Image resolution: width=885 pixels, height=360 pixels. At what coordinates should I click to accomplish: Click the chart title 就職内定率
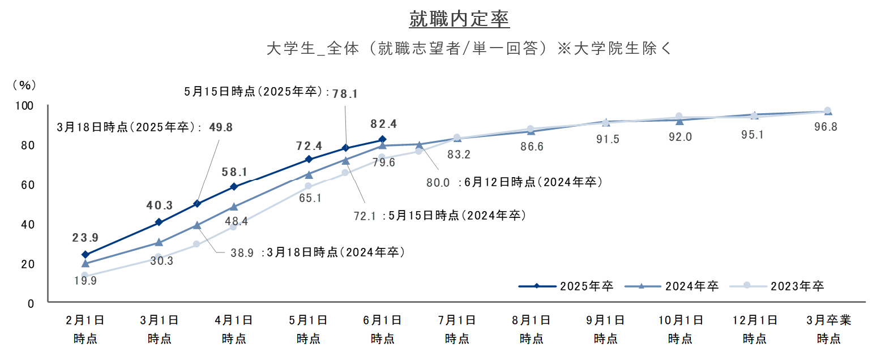[459, 19]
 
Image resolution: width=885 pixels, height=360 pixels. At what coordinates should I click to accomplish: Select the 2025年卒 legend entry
[566, 286]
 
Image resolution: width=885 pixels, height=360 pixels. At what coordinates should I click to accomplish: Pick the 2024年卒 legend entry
[672, 286]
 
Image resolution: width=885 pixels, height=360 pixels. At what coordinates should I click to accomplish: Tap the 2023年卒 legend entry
[777, 286]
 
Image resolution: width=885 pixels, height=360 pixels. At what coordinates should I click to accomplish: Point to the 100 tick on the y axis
[24, 105]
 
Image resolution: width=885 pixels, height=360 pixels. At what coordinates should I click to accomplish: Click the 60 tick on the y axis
[28, 185]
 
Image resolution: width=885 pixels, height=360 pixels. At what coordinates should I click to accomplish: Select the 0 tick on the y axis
[31, 304]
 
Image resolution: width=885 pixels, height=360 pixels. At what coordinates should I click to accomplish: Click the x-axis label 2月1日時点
[85, 329]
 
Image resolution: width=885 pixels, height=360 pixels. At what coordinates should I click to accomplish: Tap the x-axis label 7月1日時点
[457, 329]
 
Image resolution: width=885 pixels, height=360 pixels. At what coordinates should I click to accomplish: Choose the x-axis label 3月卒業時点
[828, 329]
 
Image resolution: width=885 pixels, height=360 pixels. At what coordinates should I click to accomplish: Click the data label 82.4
[384, 124]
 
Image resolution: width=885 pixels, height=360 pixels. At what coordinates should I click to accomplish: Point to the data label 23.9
[85, 238]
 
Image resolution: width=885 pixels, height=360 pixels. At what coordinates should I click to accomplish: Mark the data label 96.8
[826, 127]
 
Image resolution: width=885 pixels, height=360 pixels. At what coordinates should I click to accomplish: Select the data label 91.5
[608, 139]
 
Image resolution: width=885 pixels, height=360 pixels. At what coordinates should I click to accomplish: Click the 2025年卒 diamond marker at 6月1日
[382, 139]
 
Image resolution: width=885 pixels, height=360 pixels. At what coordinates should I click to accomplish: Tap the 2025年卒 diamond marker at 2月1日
[85, 255]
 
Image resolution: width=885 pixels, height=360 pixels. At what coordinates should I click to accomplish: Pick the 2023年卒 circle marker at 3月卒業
[827, 110]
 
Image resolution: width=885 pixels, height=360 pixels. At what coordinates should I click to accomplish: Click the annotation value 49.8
[221, 127]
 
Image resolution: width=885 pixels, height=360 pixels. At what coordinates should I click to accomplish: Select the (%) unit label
[24, 85]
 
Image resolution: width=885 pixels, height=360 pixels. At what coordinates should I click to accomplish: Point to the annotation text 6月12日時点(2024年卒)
[533, 182]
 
